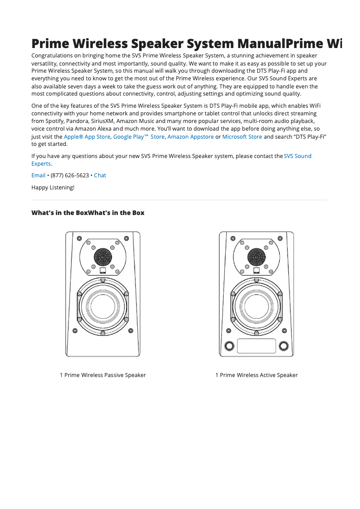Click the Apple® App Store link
coord(87,137)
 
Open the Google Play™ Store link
coord(139,137)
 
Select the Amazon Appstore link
coord(190,137)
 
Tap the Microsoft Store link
coord(242,137)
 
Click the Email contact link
coord(38,176)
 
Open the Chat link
coord(100,176)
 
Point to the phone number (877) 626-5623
coord(70,176)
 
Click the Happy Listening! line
coord(53,188)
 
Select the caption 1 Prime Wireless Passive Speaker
coord(103,375)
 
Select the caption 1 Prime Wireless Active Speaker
coord(256,375)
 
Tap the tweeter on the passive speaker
coord(103,257)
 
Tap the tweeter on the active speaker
coord(256,257)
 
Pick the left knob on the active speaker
coord(229,346)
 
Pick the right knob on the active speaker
coord(284,346)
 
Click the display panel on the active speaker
coord(256,346)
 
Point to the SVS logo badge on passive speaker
coord(103,271)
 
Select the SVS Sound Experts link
coord(298,156)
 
